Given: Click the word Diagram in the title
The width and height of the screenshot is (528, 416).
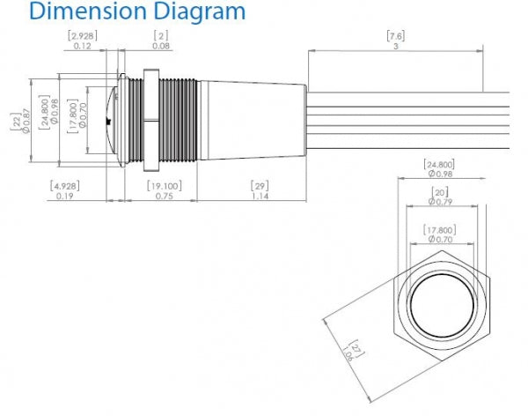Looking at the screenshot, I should coord(196,13).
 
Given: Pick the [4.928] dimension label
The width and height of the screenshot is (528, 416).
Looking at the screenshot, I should coord(64,190).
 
